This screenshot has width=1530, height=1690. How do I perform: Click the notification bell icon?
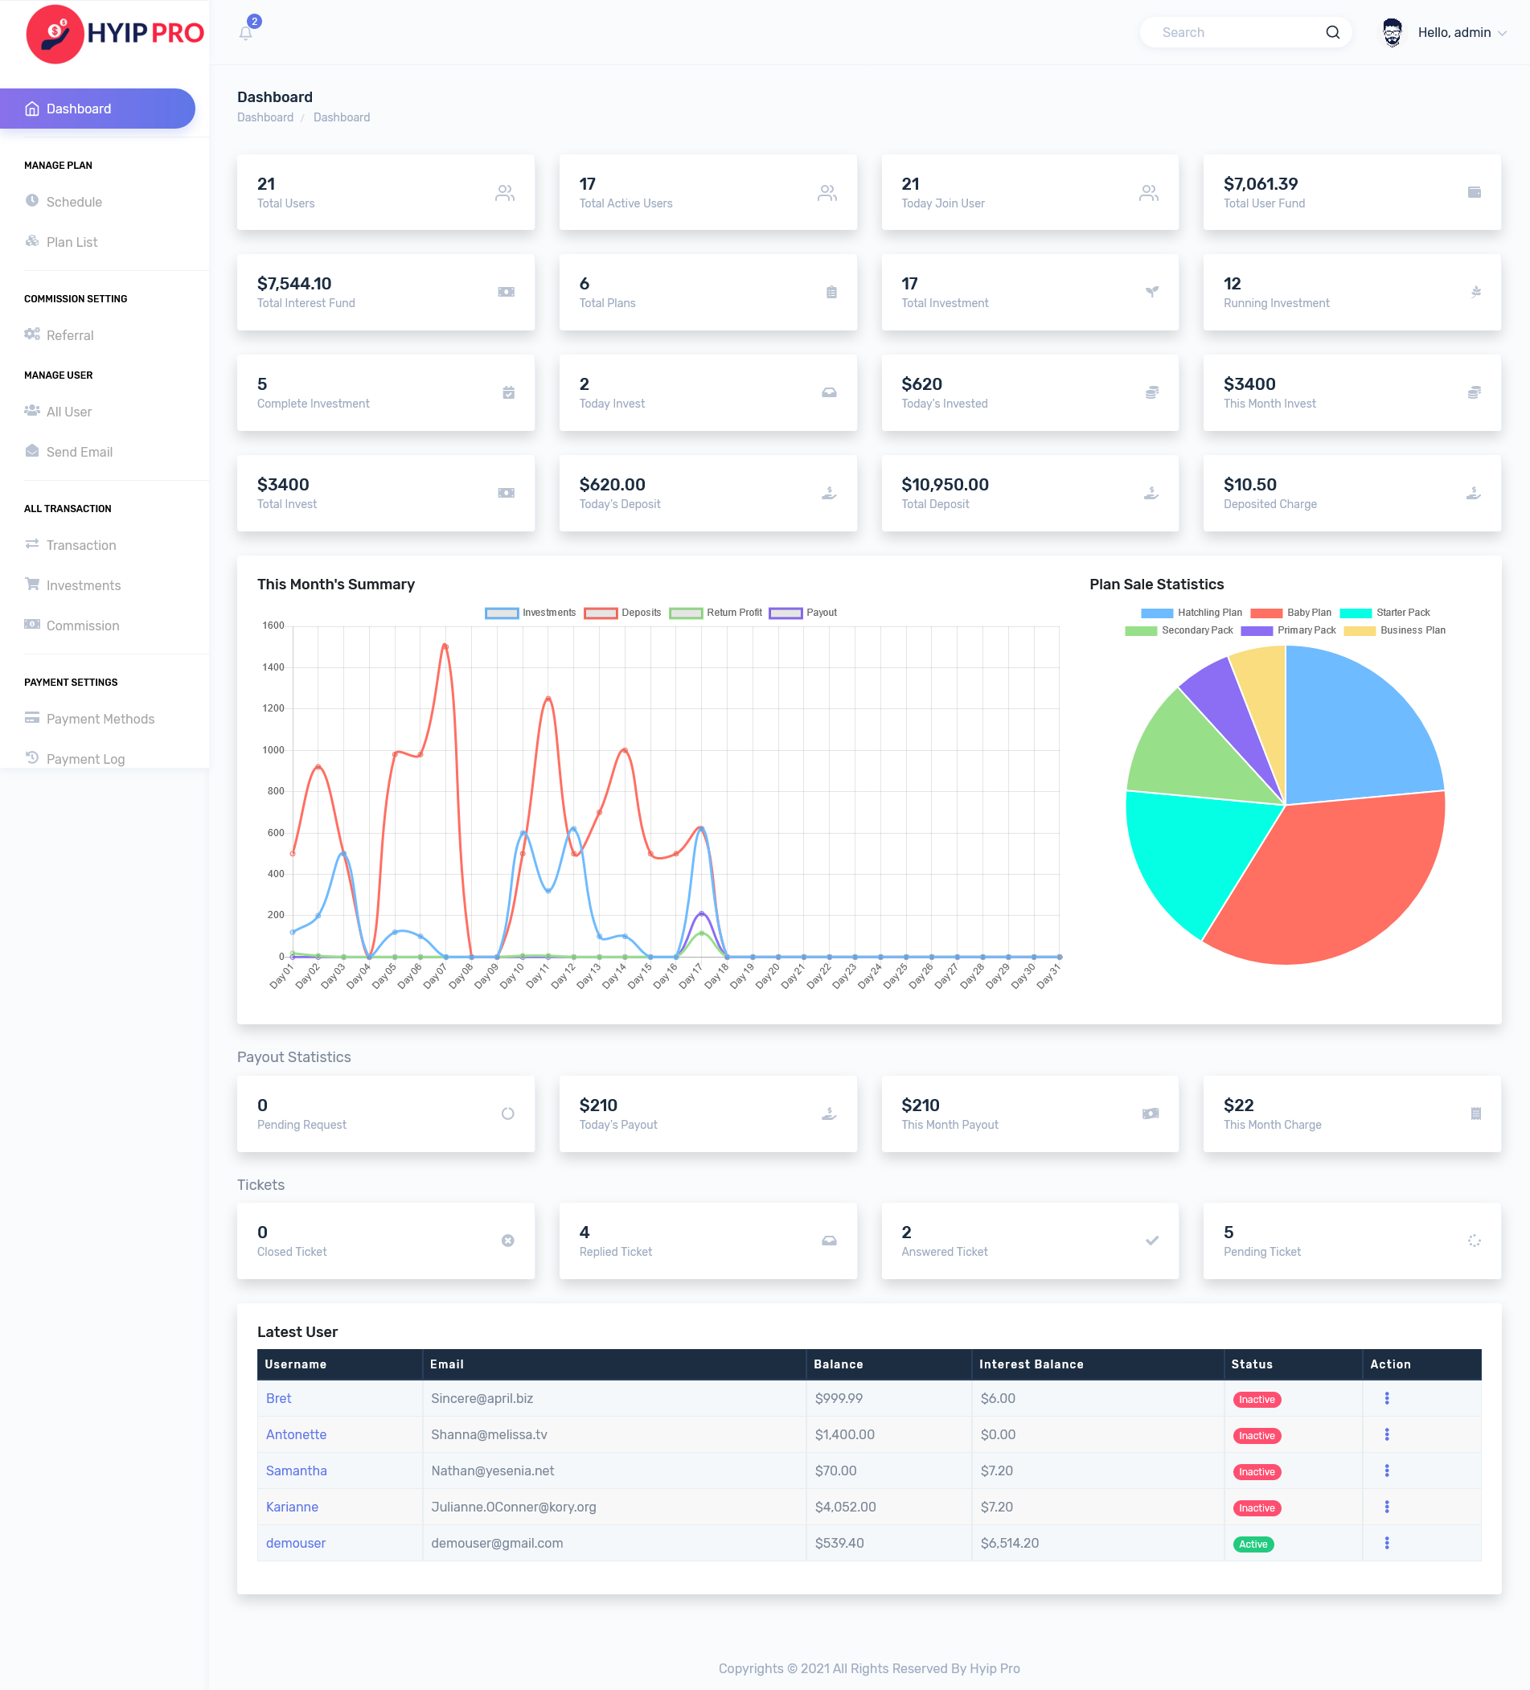(246, 34)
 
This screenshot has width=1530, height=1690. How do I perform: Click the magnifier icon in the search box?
(1332, 33)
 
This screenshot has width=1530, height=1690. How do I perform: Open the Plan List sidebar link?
(72, 242)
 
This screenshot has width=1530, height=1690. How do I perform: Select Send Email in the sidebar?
(79, 452)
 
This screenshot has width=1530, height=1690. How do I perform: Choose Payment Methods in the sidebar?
(100, 719)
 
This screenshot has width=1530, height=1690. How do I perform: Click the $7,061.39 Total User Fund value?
(1260, 183)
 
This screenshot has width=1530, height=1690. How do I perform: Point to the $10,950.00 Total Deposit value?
(945, 485)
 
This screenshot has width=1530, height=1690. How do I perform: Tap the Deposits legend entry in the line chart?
(623, 613)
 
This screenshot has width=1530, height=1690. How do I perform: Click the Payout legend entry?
(803, 613)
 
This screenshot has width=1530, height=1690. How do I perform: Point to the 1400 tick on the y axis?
(273, 667)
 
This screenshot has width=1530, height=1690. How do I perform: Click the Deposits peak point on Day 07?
(445, 646)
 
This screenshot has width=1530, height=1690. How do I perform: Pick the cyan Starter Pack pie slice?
(1191, 855)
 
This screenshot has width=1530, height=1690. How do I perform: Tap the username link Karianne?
(292, 1507)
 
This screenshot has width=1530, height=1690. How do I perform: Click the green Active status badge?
(1253, 1544)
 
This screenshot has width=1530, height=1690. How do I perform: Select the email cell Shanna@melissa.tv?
(489, 1434)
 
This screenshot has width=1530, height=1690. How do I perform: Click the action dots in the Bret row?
(1387, 1398)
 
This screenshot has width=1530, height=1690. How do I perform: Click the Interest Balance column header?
(1031, 1364)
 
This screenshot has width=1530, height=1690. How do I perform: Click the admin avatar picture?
(1392, 33)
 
